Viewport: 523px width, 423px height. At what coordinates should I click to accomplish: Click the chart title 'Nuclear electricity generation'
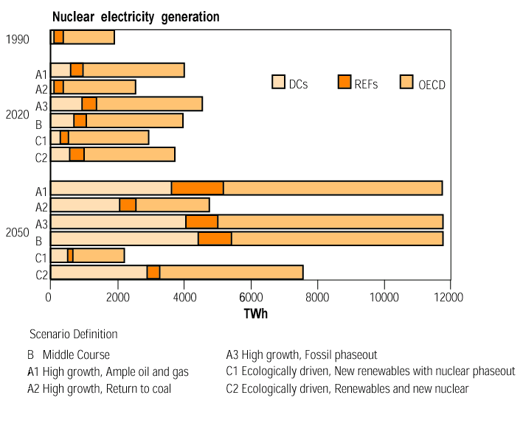pos(136,16)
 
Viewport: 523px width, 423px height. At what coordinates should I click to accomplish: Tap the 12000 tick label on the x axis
pos(449,297)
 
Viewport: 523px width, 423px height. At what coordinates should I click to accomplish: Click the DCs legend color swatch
pos(279,82)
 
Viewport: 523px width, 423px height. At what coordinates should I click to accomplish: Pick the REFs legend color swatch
pos(345,82)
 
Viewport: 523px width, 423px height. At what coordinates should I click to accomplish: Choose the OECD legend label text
pos(432,85)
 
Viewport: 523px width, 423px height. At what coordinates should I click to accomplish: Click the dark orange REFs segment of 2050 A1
pos(197,188)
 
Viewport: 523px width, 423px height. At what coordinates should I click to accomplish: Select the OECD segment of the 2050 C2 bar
pos(251,272)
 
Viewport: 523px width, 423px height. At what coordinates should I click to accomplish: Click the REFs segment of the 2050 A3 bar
pos(201,222)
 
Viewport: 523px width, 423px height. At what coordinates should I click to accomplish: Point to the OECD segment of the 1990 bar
pos(89,38)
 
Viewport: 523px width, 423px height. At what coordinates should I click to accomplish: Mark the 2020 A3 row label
pos(41,105)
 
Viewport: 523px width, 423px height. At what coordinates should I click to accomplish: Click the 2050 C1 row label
pos(41,257)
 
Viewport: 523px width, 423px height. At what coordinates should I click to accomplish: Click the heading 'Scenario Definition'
pos(73,334)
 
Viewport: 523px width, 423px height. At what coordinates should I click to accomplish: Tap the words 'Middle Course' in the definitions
pos(76,354)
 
